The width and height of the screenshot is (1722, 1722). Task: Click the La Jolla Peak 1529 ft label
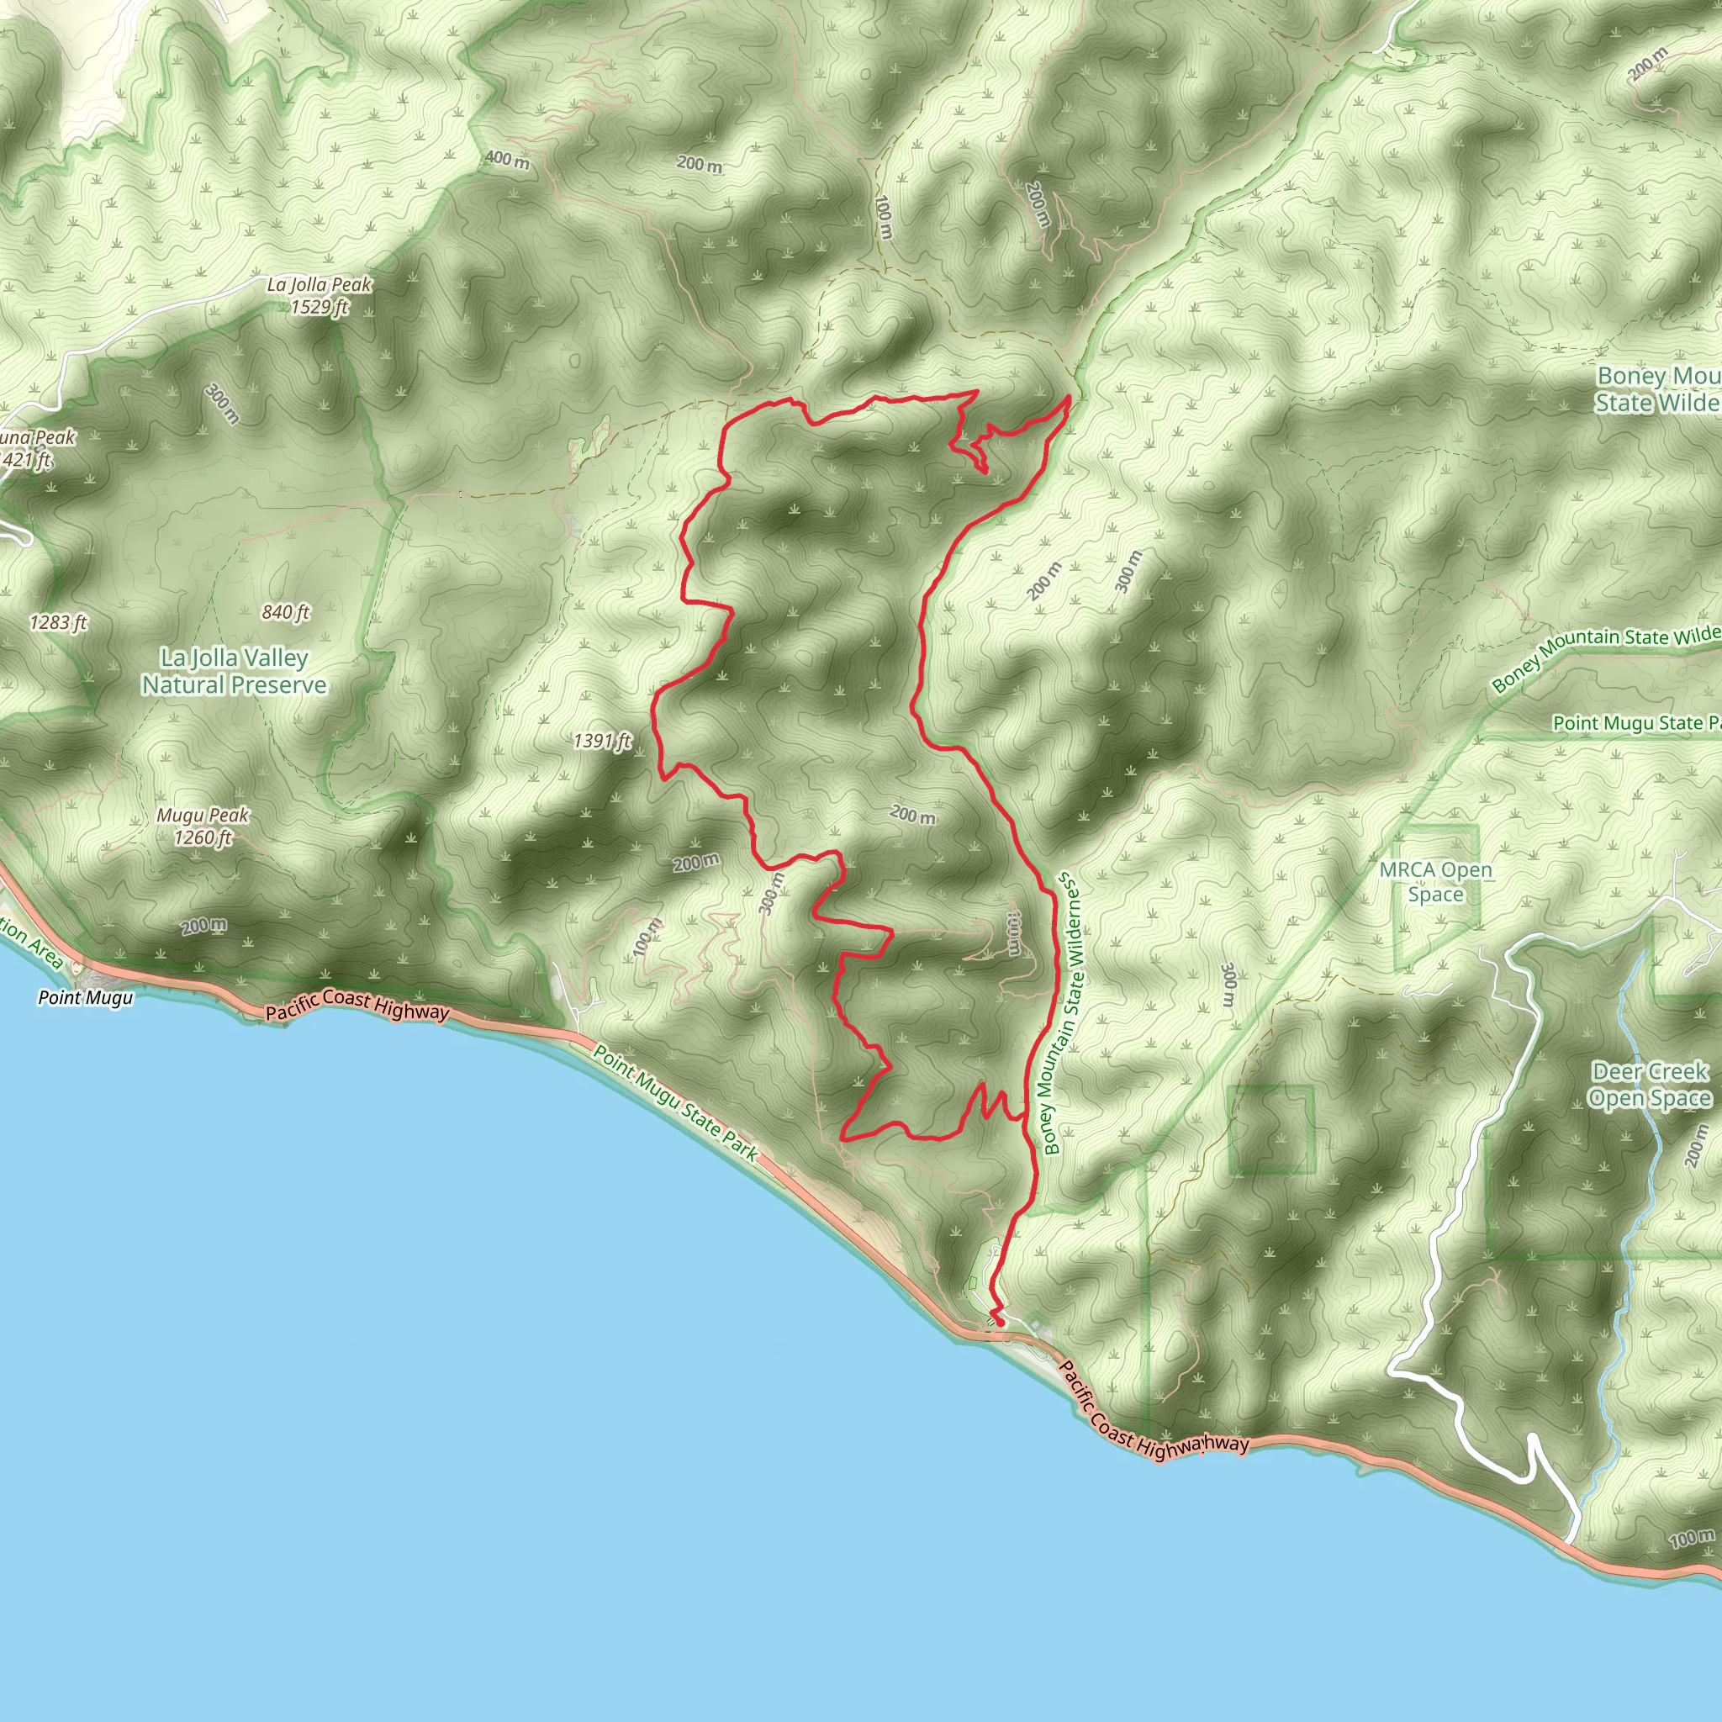pos(319,296)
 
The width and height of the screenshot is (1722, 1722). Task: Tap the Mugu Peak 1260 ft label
pos(203,827)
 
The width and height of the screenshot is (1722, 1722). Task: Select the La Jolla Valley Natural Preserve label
pos(234,671)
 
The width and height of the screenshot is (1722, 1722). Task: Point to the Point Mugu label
pos(86,997)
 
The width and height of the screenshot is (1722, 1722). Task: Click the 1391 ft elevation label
pos(602,741)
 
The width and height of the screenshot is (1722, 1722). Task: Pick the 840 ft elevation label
pos(285,611)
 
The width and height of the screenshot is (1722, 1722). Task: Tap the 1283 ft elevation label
pos(58,622)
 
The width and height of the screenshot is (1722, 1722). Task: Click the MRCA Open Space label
pos(1435,881)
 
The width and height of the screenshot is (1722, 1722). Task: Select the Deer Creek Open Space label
pos(1650,1085)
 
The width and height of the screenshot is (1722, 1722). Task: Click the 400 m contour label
pos(507,160)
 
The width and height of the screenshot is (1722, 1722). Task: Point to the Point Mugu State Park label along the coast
pos(676,1103)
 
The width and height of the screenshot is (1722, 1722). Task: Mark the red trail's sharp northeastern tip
pos(1069,398)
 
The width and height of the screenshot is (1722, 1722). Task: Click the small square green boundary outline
pos(1271,1129)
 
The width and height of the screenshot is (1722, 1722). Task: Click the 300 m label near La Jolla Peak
pos(222,404)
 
